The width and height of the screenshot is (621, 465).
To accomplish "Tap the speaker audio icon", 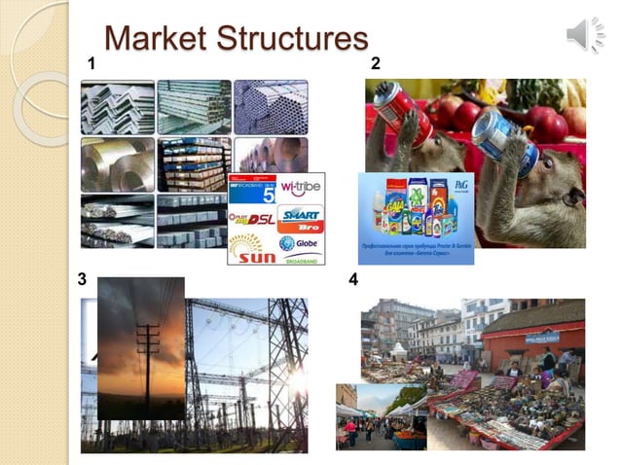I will point(585,35).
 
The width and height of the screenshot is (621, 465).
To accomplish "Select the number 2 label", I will point(376,64).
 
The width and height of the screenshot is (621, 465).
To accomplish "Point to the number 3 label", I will point(83,279).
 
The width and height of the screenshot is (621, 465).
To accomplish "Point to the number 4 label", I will point(353,280).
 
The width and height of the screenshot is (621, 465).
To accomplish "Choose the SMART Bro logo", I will point(300,216).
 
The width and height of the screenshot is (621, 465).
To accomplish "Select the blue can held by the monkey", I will point(497,135).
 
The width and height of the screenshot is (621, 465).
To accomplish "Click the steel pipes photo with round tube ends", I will point(270,106).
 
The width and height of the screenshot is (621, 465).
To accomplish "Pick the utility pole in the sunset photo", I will point(147,350).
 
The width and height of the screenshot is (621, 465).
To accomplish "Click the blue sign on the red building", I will point(541,337).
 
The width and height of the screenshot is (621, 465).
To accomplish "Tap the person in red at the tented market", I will point(349,428).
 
